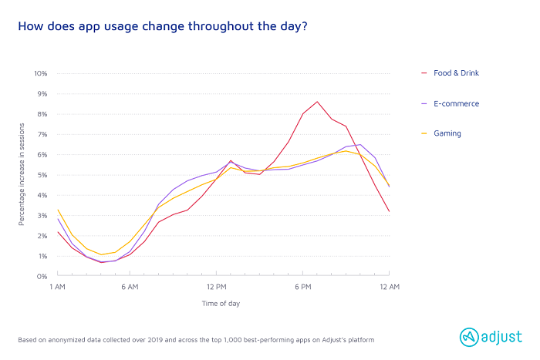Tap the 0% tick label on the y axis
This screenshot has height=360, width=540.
42,276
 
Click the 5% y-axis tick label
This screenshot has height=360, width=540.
42,175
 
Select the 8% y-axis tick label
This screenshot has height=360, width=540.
42,114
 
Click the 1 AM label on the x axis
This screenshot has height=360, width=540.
57,288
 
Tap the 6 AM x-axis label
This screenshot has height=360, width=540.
130,288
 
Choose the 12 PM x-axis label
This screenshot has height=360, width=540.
216,288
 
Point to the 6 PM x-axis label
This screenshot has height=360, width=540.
302,288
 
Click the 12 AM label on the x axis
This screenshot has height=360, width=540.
389,288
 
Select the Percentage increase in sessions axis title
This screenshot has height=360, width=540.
22,175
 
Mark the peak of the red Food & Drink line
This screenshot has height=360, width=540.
317,101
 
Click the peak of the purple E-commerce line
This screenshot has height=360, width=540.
360,144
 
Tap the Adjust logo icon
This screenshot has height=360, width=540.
469,336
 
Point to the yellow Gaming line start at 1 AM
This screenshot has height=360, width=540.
58,210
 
